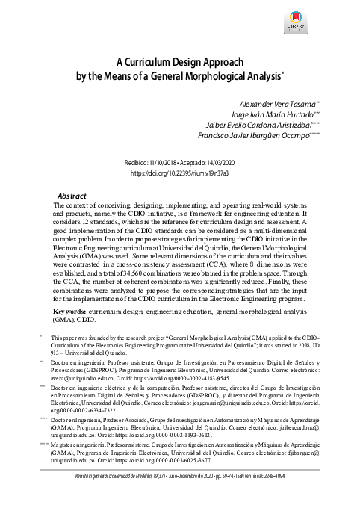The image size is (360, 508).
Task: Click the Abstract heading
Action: click(x=72, y=194)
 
